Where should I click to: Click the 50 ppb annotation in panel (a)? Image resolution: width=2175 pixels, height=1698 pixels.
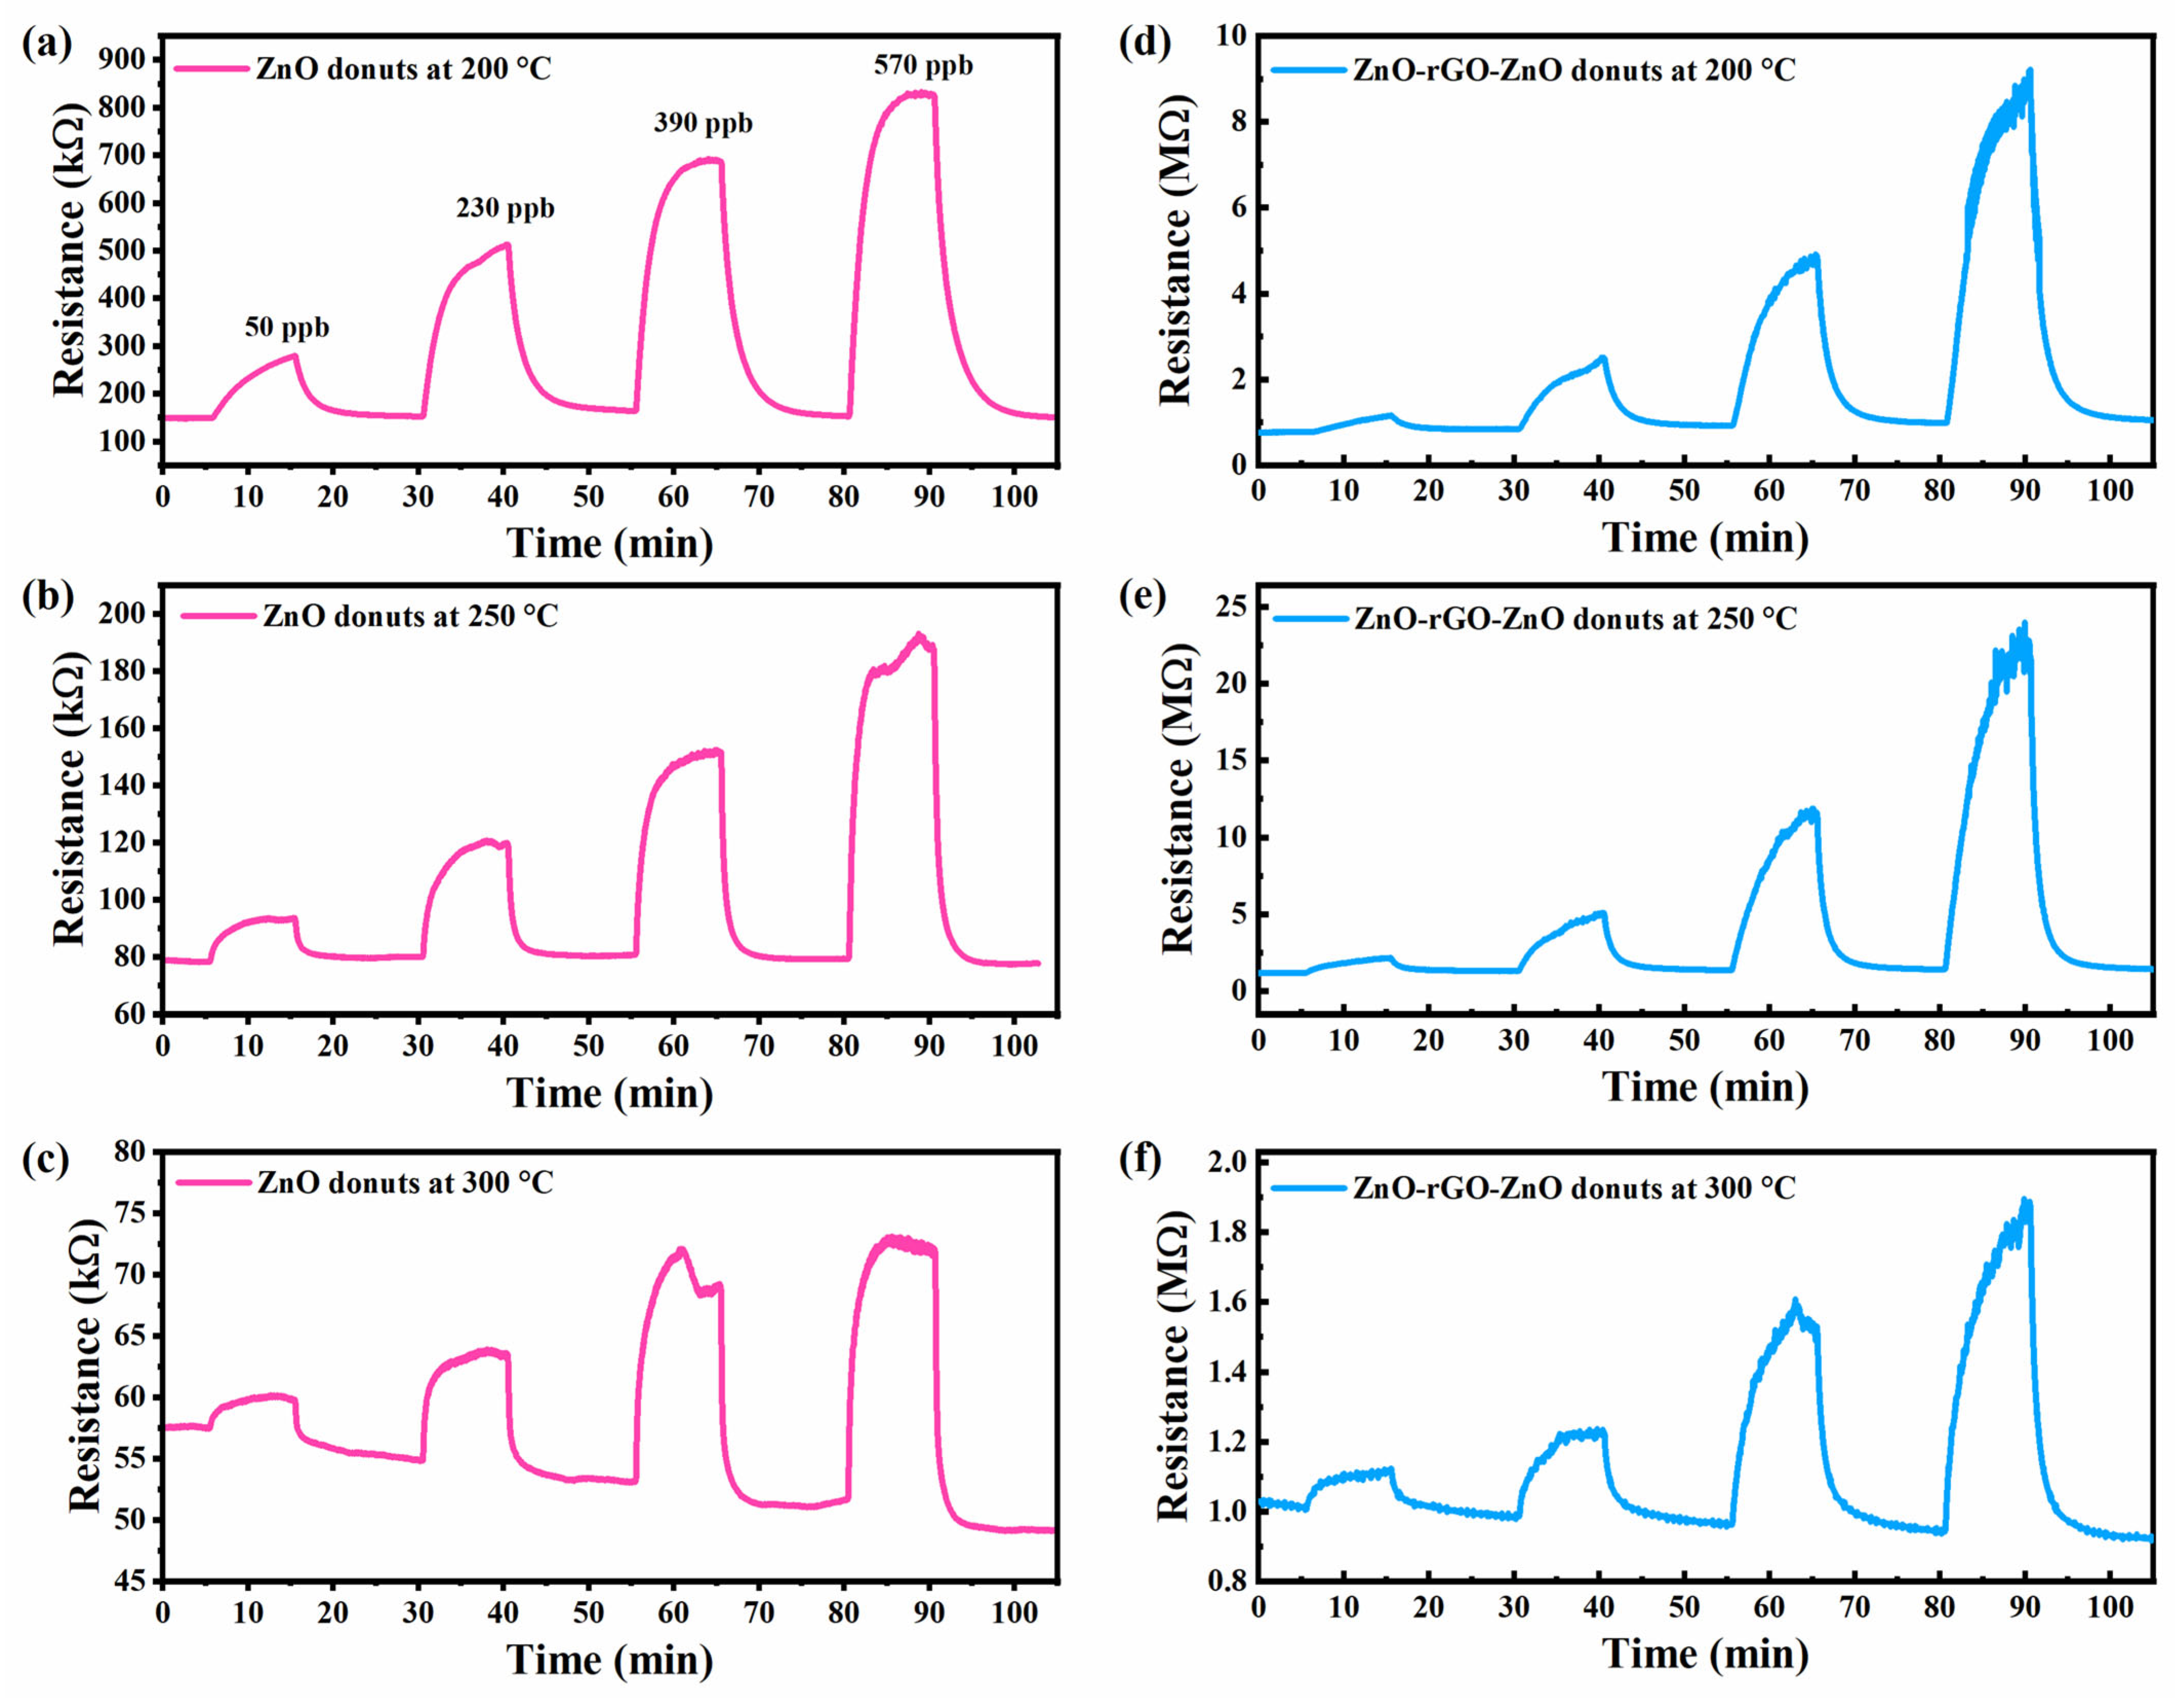coord(287,328)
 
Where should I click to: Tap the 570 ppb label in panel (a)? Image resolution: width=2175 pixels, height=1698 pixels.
coord(923,66)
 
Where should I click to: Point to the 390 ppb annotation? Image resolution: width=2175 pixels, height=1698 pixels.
coord(703,124)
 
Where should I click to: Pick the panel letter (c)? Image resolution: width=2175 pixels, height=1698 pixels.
coord(46,1160)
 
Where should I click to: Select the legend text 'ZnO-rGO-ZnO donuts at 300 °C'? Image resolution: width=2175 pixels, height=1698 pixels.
coord(1574,1188)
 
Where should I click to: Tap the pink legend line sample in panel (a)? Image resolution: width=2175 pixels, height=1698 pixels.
coord(211,69)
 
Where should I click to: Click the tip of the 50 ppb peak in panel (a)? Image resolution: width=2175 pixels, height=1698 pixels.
coord(294,355)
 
